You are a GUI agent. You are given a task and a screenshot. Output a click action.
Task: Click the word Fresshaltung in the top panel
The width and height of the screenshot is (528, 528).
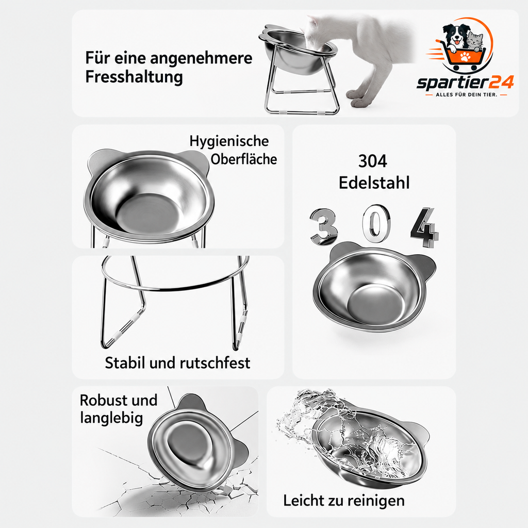click(134, 77)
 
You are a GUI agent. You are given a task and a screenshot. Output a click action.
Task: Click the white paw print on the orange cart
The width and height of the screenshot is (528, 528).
click(466, 56)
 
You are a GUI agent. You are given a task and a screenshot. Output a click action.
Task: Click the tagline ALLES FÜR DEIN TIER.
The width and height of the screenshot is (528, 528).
click(466, 95)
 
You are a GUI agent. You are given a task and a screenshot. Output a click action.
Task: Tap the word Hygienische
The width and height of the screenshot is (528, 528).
click(229, 141)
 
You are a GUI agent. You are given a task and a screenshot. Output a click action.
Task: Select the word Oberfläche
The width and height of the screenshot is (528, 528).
click(243, 159)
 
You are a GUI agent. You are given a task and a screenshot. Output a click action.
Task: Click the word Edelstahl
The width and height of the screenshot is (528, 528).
click(374, 183)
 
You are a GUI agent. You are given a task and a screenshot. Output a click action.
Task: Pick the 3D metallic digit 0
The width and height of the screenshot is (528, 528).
click(376, 223)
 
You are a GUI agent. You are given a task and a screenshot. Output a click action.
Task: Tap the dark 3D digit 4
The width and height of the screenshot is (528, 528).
click(425, 227)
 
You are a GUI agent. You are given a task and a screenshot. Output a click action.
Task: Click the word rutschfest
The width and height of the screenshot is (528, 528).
click(214, 363)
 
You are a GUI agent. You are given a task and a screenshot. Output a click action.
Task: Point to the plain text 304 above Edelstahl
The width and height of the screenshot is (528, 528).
click(373, 161)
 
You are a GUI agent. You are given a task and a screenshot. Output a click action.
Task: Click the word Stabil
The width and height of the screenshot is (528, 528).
click(125, 363)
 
